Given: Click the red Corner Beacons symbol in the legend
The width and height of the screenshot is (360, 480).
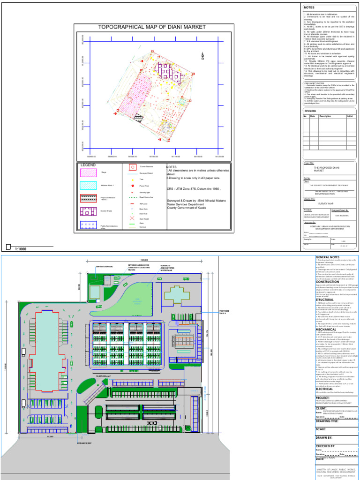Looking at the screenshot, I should point(132,167).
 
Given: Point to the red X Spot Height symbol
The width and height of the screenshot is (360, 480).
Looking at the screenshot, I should point(132,218).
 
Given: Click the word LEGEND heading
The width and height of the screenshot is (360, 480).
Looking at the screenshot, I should point(88,165).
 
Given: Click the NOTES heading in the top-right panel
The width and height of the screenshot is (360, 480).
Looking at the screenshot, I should point(309,7).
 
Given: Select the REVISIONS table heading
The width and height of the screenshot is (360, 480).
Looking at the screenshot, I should point(310,111).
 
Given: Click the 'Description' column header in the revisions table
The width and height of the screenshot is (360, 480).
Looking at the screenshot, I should point(325,116).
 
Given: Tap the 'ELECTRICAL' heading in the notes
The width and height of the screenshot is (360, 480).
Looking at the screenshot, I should point(328,389).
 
